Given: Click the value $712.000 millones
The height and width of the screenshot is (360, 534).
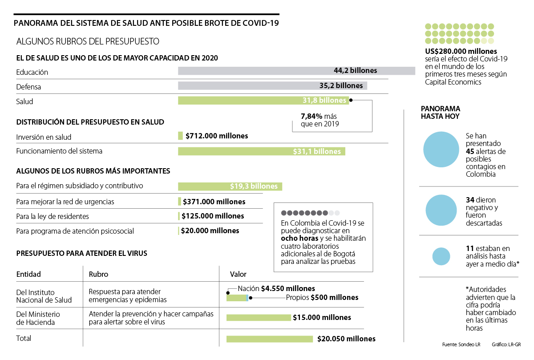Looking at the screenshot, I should click(217, 136).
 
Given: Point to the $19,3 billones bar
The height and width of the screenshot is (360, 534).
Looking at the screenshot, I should click(230, 186).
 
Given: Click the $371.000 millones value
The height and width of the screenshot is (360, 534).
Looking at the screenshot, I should click(214, 202).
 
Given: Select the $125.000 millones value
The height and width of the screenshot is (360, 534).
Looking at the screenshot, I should click(213, 216).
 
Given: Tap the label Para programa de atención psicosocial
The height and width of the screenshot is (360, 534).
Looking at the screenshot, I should click(75, 231).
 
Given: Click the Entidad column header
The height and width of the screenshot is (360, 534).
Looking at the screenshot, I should click(28, 274).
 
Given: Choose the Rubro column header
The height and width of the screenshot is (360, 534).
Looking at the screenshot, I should click(98, 274).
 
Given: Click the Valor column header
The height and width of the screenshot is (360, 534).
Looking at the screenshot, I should click(238, 274).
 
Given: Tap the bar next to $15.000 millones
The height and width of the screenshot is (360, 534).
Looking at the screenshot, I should click(258, 318).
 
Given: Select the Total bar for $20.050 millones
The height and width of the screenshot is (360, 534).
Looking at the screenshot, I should click(269, 339).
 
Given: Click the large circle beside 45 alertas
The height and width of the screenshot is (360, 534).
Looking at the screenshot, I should click(441, 150).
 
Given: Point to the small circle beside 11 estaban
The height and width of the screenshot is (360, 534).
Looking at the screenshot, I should click(442, 256).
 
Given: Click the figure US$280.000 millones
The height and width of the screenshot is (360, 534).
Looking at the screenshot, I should click(461, 51).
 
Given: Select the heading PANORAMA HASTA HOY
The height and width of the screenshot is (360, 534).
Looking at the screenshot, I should click(441, 112).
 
